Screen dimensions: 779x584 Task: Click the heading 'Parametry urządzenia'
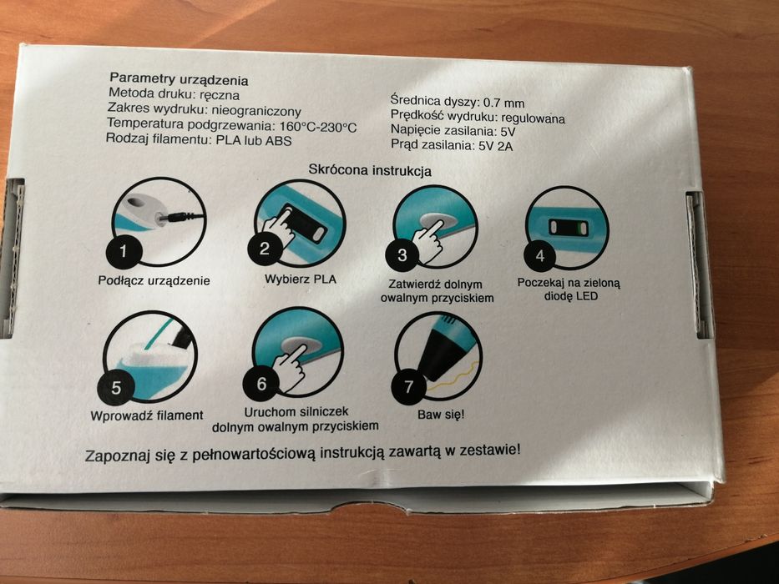[179, 79]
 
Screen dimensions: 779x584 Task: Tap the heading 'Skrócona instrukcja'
[370, 170]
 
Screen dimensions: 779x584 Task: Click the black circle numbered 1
[124, 251]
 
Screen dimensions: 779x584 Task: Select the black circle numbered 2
[265, 248]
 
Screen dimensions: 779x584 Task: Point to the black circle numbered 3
[402, 254]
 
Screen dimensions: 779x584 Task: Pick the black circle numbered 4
[540, 255]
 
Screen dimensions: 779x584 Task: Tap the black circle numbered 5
[116, 387]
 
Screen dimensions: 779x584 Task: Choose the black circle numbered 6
[262, 383]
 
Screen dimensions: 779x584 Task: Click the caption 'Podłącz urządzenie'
[154, 280]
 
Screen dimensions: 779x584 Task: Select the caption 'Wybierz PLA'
[300, 279]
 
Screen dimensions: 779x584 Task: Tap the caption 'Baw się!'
[441, 414]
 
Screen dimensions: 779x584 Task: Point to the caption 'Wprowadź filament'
[147, 415]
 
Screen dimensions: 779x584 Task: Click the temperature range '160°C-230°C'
[318, 127]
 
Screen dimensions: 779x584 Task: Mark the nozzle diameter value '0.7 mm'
[503, 103]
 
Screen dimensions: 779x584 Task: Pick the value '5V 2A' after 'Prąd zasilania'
[496, 146]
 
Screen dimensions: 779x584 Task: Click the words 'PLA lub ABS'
[254, 140]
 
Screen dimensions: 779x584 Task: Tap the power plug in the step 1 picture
[182, 217]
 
